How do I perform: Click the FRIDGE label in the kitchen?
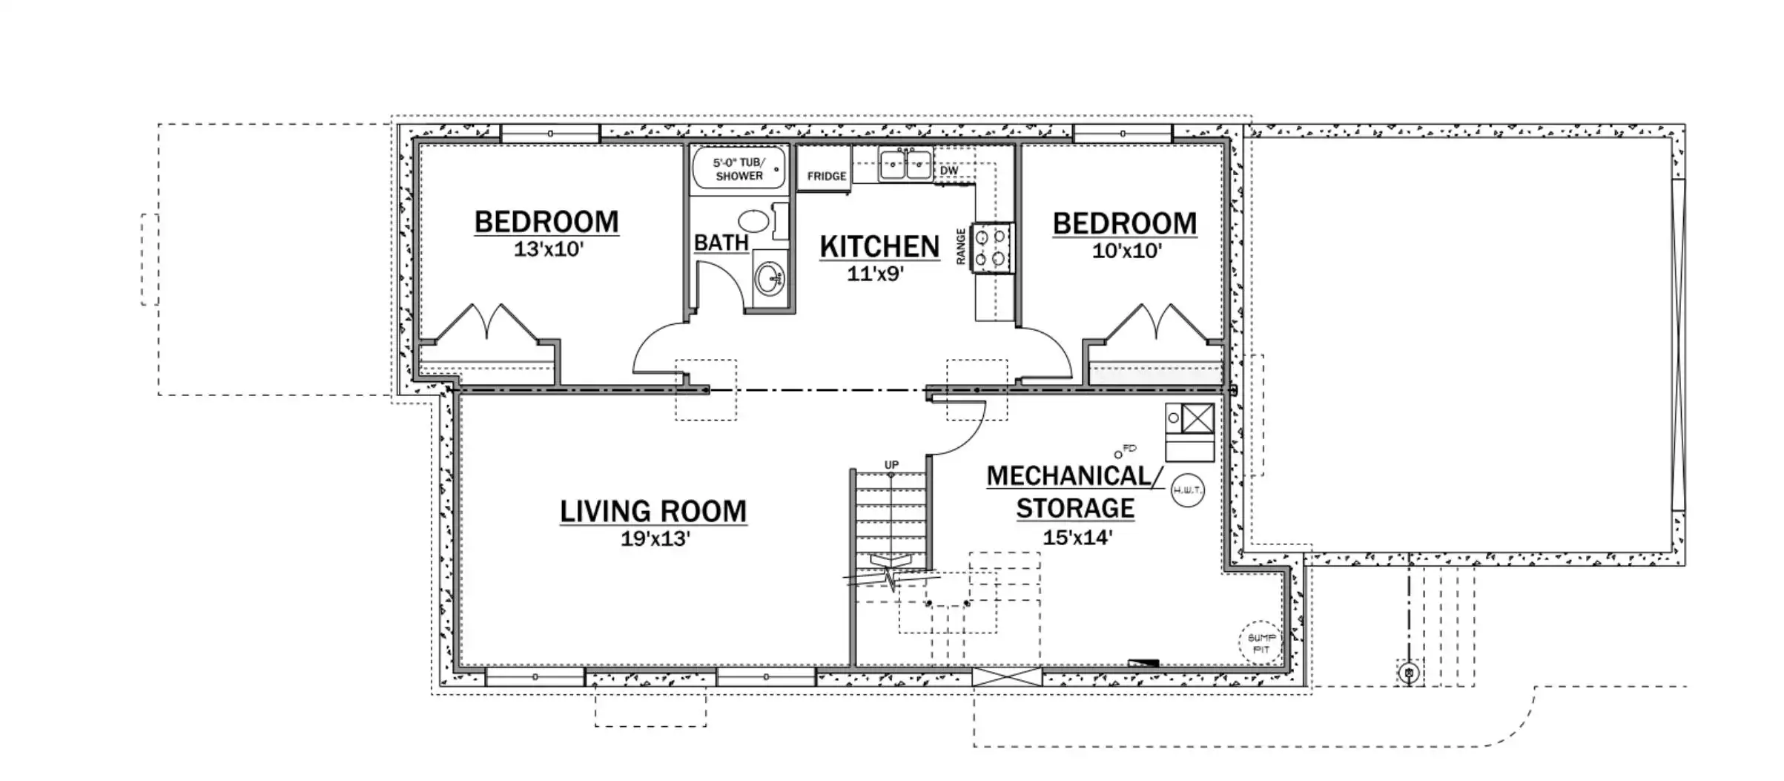[x=826, y=177]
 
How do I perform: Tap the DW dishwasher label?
[x=948, y=171]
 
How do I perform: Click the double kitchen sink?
[x=905, y=164]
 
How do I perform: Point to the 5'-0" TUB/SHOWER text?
[x=739, y=169]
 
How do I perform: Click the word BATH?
[x=721, y=243]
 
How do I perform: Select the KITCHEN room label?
[x=879, y=247]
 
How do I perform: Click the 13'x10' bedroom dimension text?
[x=549, y=249]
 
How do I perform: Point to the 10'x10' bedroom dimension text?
[x=1126, y=251]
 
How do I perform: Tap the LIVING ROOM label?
[x=653, y=511]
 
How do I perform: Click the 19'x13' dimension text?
[x=655, y=538]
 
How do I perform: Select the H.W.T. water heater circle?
[x=1187, y=490]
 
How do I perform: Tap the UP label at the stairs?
[x=891, y=465]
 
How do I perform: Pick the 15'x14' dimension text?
[x=1077, y=537]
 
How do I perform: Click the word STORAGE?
[x=1075, y=509]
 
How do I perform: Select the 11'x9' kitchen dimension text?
[x=876, y=274]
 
